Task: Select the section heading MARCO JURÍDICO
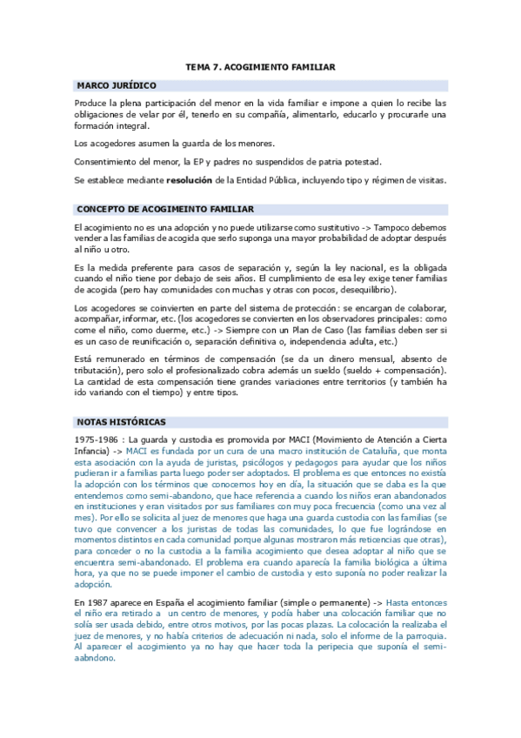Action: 117,86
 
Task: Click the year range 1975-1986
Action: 97,439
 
